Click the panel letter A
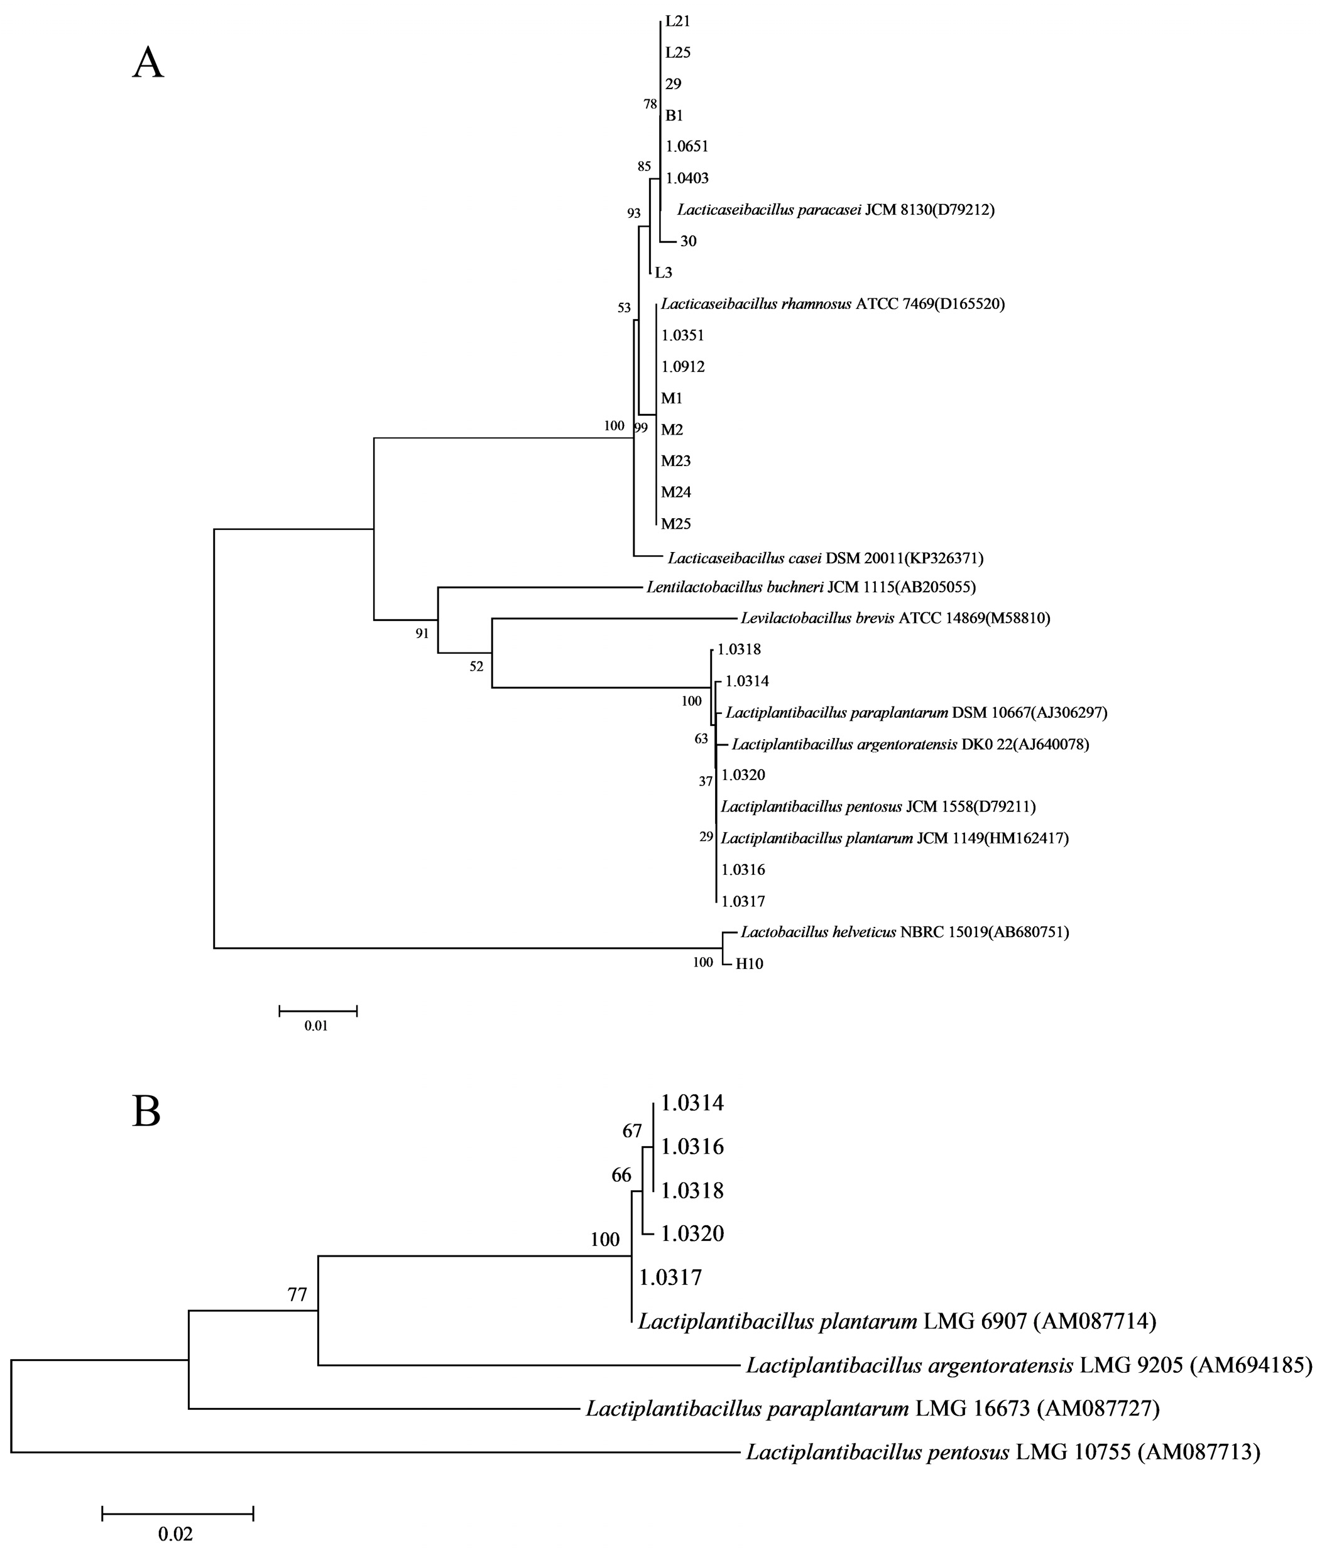pos(148,62)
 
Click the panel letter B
pos(147,1113)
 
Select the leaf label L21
pos(677,22)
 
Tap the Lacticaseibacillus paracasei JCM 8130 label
pos(835,210)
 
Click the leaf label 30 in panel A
pos(688,241)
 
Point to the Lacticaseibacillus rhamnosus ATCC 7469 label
pos(832,304)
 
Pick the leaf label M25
pos(675,524)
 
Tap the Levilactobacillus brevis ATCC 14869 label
pos(895,619)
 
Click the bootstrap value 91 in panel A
pos(423,634)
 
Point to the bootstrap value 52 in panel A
pos(477,666)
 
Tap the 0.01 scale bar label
pos(315,1026)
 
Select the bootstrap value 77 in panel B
pos(298,1294)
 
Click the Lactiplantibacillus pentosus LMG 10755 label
pos(1003,1453)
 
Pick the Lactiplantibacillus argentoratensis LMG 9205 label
pos(1028,1365)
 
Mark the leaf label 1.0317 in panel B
pos(670,1277)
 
